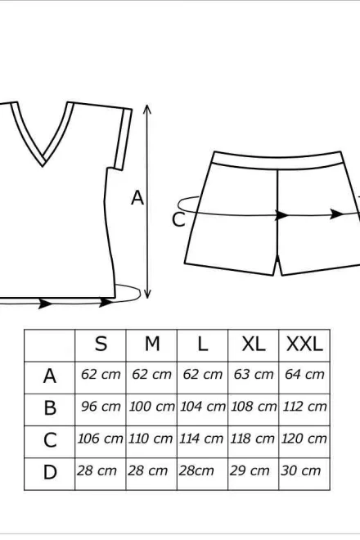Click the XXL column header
tap(304, 344)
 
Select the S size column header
tap(101, 344)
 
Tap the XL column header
tap(254, 344)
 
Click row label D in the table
tap(50, 472)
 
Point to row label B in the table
tap(50, 407)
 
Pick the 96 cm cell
tap(101, 407)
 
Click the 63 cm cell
tap(254, 375)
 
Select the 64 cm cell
tap(304, 375)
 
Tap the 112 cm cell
tap(304, 407)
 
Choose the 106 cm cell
tap(101, 439)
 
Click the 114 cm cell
tap(201, 439)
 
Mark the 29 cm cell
tap(250, 470)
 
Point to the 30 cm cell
tap(300, 470)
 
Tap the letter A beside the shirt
tap(137, 198)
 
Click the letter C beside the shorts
tap(178, 220)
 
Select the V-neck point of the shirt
tap(43, 164)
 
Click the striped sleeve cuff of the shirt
tap(124, 139)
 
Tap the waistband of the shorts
tap(277, 160)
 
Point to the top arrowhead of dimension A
tap(147, 110)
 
